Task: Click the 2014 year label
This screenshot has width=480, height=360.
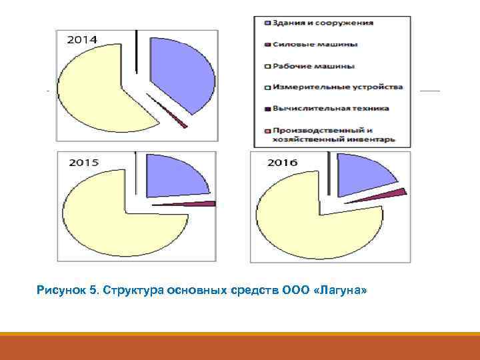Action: point(82,40)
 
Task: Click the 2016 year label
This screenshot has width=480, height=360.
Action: point(282,162)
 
